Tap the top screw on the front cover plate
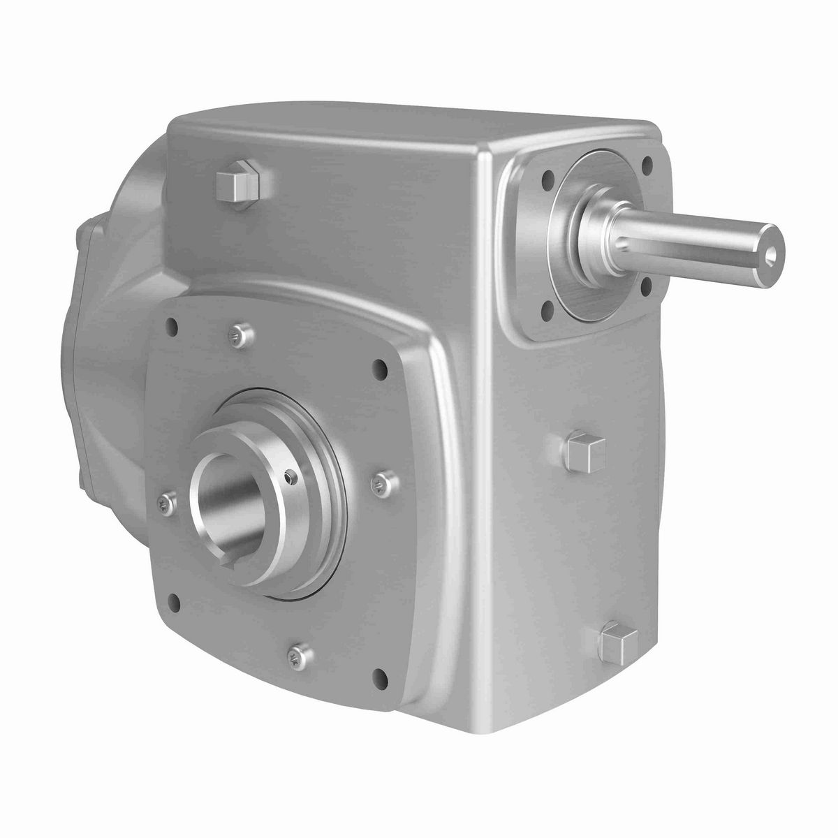240,336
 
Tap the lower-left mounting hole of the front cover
174,602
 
